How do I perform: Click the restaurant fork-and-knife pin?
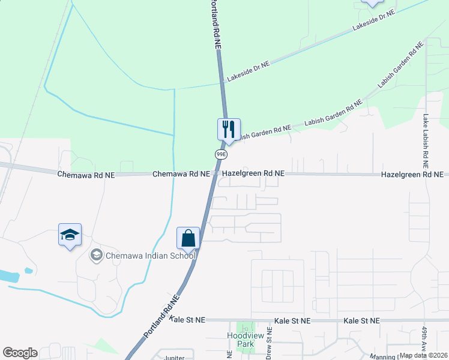tap(228, 129)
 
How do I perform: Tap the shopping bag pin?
tap(188, 238)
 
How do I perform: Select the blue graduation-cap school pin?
tap(70, 235)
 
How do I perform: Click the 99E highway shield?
tap(221, 154)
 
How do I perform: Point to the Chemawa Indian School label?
tap(151, 256)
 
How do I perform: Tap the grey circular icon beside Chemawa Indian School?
tap(96, 256)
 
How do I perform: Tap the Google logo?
tap(20, 352)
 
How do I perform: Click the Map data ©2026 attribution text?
tap(424, 355)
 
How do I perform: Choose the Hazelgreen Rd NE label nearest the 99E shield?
tap(253, 173)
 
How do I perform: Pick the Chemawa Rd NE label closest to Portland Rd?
tap(181, 173)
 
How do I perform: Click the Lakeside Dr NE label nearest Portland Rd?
tap(248, 71)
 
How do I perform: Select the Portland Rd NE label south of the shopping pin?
tap(161, 315)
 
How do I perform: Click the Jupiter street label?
tap(174, 358)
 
